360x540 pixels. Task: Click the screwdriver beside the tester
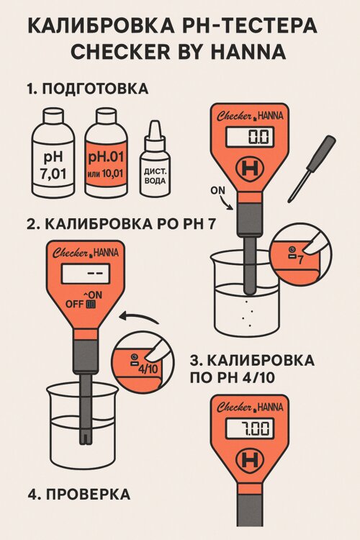click(311, 168)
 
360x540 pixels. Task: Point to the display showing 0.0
click(250, 137)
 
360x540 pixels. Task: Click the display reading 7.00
click(250, 429)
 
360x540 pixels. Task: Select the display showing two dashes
click(86, 274)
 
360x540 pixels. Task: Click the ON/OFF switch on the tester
click(91, 305)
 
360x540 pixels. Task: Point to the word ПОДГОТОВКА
click(95, 89)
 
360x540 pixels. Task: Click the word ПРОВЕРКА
click(88, 494)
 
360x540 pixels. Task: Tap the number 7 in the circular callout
click(301, 259)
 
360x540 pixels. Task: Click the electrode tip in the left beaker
click(86, 437)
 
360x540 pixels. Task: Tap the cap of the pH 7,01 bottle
click(53, 115)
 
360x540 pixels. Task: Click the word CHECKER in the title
click(120, 51)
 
